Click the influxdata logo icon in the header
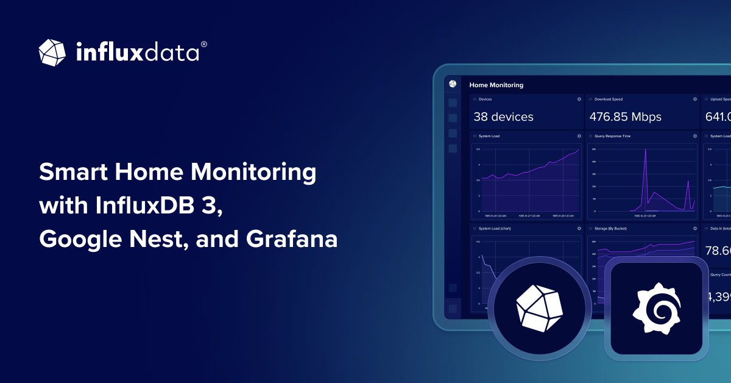pyautogui.click(x=52, y=52)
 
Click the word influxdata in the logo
pyautogui.click(x=137, y=52)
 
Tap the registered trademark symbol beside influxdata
pyautogui.click(x=203, y=45)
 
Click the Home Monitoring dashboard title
pyautogui.click(x=496, y=85)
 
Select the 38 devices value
pyautogui.click(x=503, y=116)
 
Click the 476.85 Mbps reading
pyautogui.click(x=625, y=116)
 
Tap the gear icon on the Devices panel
pyautogui.click(x=579, y=99)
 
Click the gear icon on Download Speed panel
pyautogui.click(x=694, y=99)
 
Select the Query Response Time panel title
pyautogui.click(x=612, y=136)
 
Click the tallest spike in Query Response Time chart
pyautogui.click(x=646, y=152)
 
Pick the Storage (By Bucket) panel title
pyautogui.click(x=610, y=229)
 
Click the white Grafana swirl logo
pyautogui.click(x=656, y=309)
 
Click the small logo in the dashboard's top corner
pyautogui.click(x=453, y=84)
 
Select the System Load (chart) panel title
pyautogui.click(x=493, y=229)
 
